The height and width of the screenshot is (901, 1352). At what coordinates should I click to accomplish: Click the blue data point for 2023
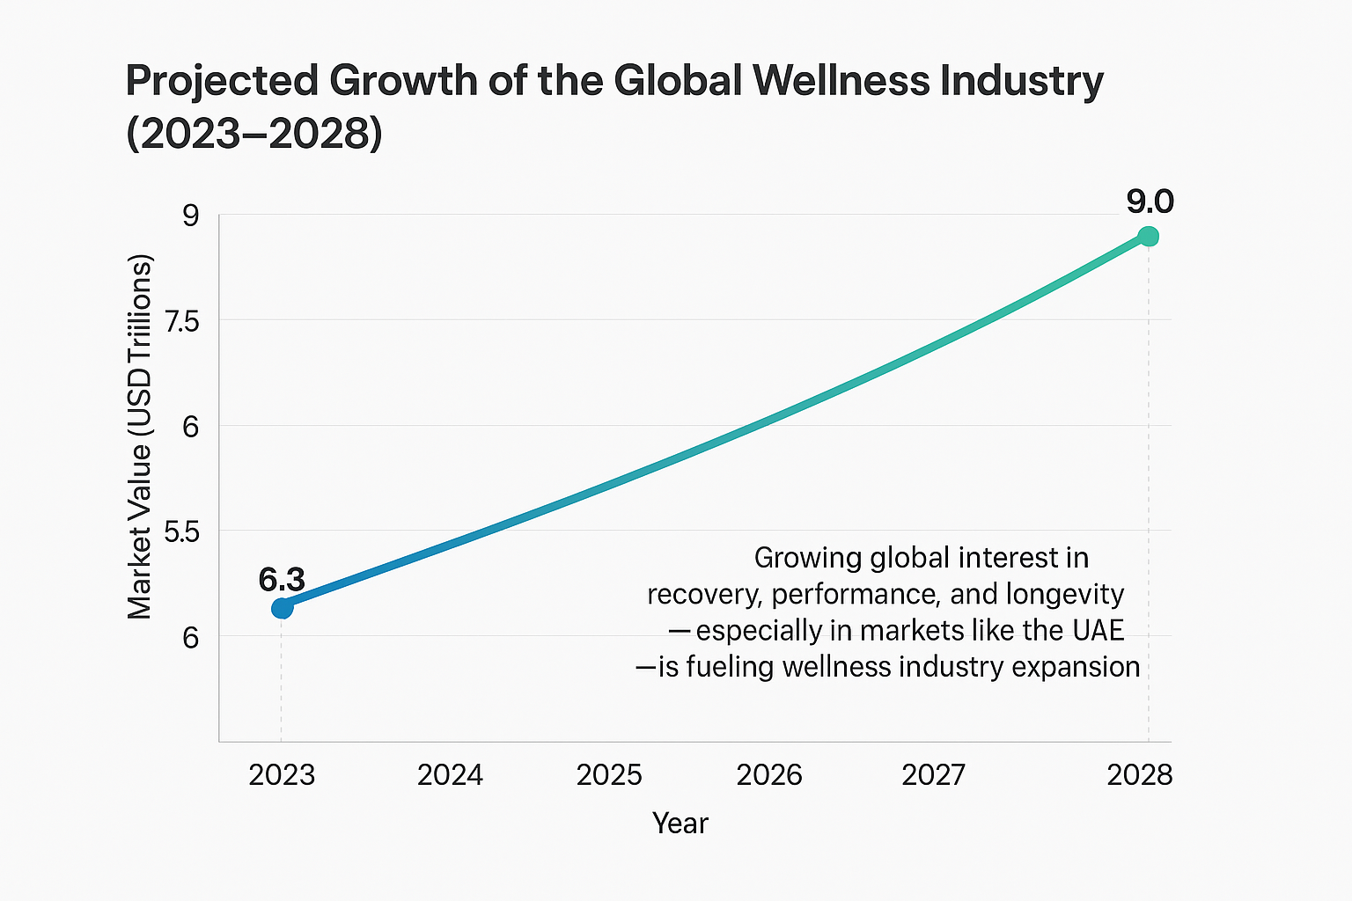(282, 608)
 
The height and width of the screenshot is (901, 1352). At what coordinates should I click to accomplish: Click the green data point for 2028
(1148, 237)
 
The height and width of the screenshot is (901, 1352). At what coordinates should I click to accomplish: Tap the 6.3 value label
(282, 580)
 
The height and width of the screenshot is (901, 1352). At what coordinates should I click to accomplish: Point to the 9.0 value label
(1150, 202)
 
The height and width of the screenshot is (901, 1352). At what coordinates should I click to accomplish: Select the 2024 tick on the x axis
(450, 775)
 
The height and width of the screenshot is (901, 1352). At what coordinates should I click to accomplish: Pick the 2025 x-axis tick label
(609, 775)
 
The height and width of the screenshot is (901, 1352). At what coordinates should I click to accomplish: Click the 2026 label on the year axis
(769, 775)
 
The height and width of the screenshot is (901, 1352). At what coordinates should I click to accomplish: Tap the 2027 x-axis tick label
(934, 775)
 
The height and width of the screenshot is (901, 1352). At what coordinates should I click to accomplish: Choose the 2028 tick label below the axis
(1140, 775)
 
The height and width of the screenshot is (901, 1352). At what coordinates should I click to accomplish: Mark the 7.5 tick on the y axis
(182, 321)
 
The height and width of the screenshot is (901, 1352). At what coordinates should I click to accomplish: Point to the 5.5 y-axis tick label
(182, 532)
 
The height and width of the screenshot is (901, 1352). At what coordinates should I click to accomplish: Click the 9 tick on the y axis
(191, 216)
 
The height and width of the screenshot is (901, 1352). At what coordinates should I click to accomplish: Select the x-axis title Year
(680, 824)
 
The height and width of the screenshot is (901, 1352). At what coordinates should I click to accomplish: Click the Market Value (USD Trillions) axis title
(140, 436)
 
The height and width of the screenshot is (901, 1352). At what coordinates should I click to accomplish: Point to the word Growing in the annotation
(808, 559)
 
